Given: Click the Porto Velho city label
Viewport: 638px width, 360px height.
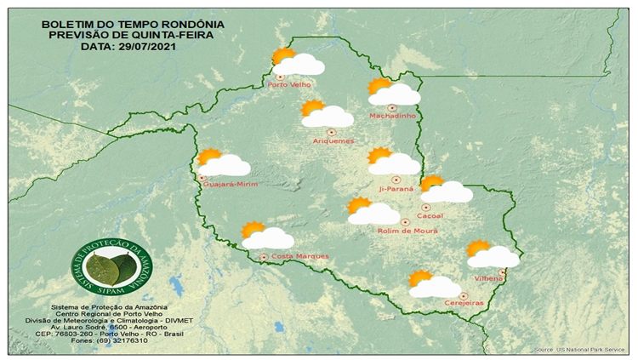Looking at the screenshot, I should click(289, 85).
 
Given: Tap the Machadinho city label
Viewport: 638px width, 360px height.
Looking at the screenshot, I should click(391, 116).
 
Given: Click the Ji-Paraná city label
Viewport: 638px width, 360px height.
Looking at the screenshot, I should click(396, 188).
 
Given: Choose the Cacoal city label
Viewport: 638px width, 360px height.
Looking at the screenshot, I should click(431, 216).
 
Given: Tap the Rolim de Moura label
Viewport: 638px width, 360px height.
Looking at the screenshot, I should click(406, 231).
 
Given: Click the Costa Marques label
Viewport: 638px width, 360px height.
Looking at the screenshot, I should click(294, 256).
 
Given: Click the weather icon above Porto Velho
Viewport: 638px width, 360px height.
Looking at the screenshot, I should click(297, 61).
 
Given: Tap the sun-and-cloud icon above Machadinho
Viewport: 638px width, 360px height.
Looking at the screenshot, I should click(393, 91).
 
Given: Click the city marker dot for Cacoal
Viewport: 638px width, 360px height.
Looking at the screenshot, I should click(425, 207).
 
